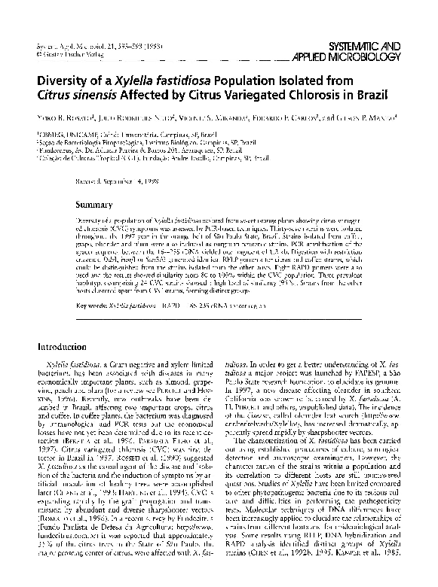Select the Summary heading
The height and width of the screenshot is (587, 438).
pyautogui.click(x=98, y=204)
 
